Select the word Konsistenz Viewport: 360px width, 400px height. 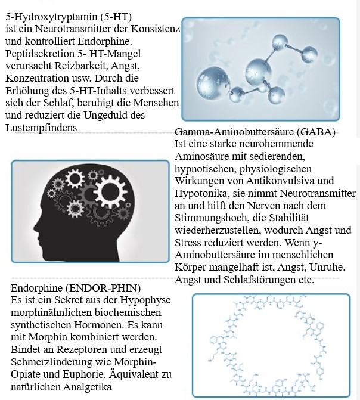[148, 28]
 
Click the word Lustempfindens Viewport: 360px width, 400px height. [37, 128]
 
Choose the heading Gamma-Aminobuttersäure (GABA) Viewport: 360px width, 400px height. [256, 132]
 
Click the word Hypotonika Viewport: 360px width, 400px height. [200, 194]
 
